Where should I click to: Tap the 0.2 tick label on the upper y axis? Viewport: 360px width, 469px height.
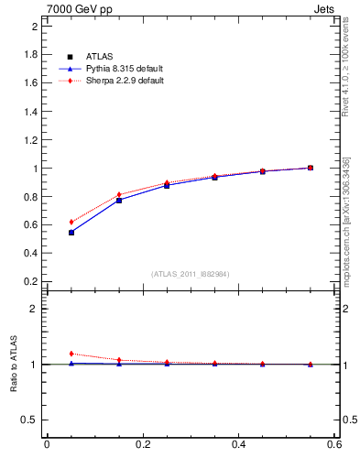pyautogui.click(x=30, y=282)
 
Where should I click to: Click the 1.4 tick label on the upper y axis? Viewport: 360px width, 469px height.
pyautogui.click(x=30, y=111)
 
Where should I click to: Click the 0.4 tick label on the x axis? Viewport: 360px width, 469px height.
pyautogui.click(x=239, y=445)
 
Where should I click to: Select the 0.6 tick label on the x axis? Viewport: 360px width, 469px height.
pyautogui.click(x=334, y=445)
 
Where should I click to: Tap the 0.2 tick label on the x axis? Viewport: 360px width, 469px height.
pyautogui.click(x=142, y=445)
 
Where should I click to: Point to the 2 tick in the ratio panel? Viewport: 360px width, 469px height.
pyautogui.click(x=34, y=309)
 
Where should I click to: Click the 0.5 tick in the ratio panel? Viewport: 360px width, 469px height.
pyautogui.click(x=30, y=420)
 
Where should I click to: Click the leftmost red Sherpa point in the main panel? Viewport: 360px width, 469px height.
pyautogui.click(x=71, y=222)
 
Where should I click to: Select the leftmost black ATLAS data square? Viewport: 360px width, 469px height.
pyautogui.click(x=71, y=233)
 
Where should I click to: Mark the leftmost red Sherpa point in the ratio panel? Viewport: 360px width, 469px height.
pyautogui.click(x=71, y=354)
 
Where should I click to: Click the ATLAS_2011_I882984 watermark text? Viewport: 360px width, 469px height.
pyautogui.click(x=191, y=273)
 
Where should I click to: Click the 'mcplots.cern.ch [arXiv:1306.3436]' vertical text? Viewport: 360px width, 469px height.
pyautogui.click(x=346, y=220)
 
